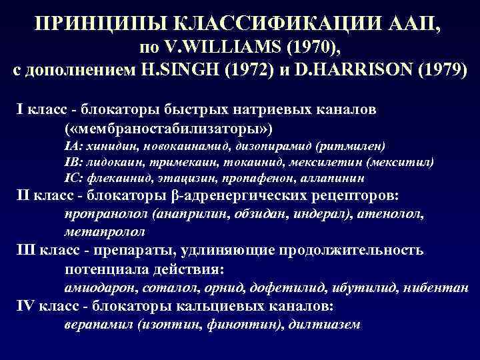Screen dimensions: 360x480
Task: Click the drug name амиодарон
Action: coord(97,289)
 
